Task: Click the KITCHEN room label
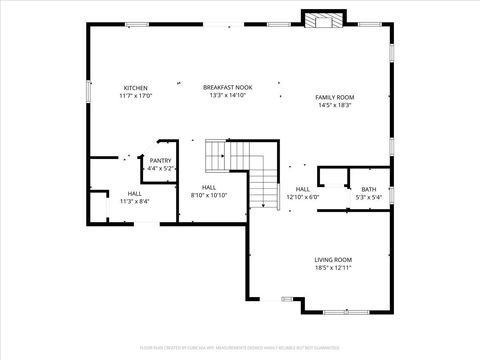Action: (135, 88)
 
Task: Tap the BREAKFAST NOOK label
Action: (227, 88)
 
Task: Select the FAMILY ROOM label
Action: (335, 97)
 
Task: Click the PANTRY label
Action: (160, 161)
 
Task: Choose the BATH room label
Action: (369, 189)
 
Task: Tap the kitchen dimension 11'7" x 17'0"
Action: (135, 96)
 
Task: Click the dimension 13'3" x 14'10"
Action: (227, 96)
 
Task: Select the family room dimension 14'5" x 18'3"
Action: (335, 105)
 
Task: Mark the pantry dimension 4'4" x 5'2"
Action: (160, 169)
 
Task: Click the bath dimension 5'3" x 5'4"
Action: (369, 197)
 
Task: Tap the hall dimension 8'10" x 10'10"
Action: (209, 195)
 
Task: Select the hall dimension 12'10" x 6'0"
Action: (303, 197)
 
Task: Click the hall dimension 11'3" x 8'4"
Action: (134, 201)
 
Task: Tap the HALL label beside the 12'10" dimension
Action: (303, 189)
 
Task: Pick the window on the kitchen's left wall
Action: (89, 90)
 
